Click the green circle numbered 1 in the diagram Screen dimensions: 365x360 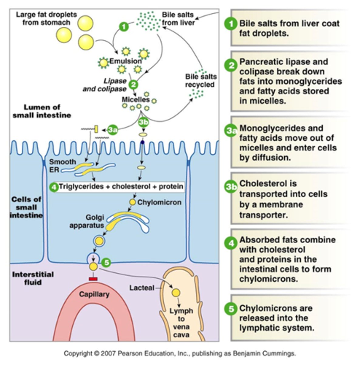click(x=123, y=27)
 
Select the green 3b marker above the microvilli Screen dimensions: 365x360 click(x=143, y=122)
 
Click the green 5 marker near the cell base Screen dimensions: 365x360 click(x=106, y=262)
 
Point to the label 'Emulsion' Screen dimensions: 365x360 click(x=125, y=61)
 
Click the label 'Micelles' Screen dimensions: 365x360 click(x=135, y=99)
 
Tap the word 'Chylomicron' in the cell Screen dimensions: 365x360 click(x=159, y=202)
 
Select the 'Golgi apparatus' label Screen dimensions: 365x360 click(x=87, y=221)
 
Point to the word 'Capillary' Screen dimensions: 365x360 click(x=94, y=294)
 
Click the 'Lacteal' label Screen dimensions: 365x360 click(x=142, y=287)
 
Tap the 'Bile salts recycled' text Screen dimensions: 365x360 click(x=201, y=81)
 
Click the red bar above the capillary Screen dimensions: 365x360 click(x=93, y=279)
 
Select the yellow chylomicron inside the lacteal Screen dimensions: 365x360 click(x=176, y=293)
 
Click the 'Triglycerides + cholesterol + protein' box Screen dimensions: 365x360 click(x=121, y=186)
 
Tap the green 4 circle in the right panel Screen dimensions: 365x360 click(x=231, y=243)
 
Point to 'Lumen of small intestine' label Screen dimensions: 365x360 click(x=42, y=111)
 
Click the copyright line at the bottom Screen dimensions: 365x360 click(x=180, y=353)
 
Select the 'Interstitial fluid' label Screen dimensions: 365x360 click(x=33, y=278)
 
